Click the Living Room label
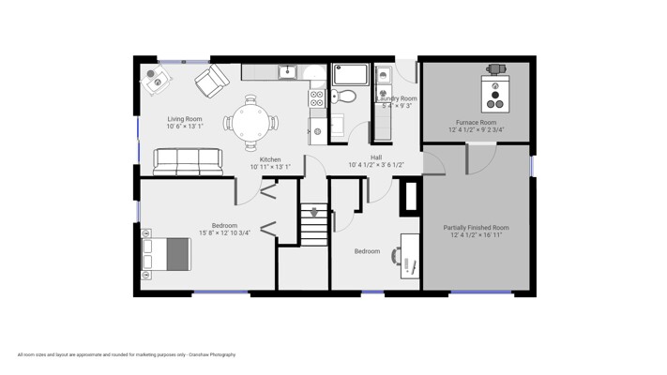(185, 119)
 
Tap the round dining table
(251, 123)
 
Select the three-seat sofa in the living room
(188, 162)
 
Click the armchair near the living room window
(212, 81)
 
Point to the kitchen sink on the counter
(288, 72)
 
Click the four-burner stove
(316, 98)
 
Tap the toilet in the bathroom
(342, 96)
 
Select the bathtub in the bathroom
(351, 74)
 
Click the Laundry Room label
(397, 98)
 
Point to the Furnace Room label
(476, 123)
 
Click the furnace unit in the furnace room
(495, 93)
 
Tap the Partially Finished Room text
(476, 228)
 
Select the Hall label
(376, 157)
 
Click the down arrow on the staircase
(314, 212)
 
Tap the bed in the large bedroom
(166, 254)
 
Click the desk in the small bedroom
(410, 256)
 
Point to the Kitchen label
(270, 159)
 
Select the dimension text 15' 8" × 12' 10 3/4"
(224, 233)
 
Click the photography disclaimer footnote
(127, 354)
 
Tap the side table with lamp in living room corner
(156, 81)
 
